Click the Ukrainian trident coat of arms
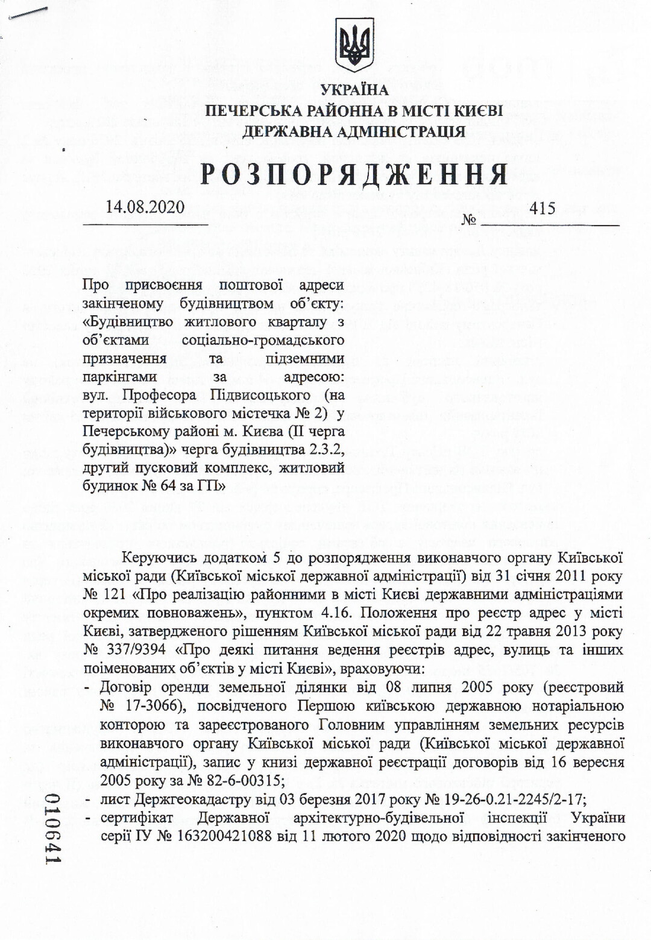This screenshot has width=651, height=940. coord(354,45)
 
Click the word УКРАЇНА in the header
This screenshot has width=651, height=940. coord(354,90)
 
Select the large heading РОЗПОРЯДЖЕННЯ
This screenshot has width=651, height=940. coord(354,175)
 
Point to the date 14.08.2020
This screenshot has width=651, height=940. coord(145,207)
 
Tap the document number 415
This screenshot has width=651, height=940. coord(542,209)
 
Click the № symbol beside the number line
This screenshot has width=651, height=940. coord(468,219)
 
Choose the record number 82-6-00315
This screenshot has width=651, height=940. coord(244,780)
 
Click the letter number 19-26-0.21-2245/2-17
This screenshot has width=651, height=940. coord(494,800)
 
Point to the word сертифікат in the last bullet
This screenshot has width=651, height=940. coord(136,818)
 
